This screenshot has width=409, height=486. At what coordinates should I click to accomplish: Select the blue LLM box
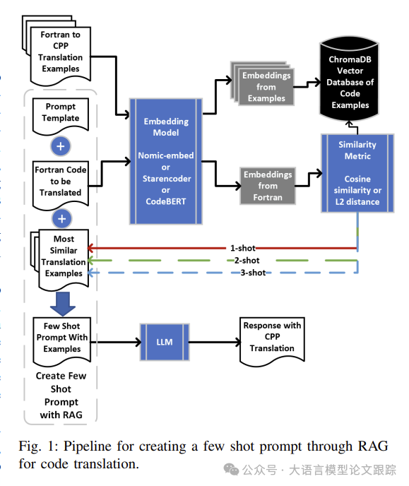[x=165, y=342]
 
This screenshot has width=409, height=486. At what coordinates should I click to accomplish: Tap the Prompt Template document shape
[x=61, y=117]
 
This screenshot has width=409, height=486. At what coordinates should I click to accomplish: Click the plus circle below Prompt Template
[x=61, y=146]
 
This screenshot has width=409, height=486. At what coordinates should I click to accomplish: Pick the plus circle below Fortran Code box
[x=62, y=219]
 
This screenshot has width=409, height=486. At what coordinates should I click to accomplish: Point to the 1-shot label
[x=243, y=248]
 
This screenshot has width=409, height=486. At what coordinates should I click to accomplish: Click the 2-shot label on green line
[x=247, y=261]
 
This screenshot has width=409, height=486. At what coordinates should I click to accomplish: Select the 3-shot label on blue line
[x=253, y=273]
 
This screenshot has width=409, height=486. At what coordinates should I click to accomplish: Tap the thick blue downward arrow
[x=63, y=304]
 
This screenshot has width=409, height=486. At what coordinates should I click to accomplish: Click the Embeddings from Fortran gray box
[x=268, y=186]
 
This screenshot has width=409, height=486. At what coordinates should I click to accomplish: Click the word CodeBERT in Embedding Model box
[x=166, y=201]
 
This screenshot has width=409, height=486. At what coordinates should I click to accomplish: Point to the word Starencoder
[x=167, y=179]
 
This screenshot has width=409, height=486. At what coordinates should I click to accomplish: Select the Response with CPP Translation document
[x=272, y=341]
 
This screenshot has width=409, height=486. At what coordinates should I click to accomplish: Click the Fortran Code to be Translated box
[x=61, y=185]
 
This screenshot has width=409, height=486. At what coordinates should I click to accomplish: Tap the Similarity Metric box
[x=357, y=173]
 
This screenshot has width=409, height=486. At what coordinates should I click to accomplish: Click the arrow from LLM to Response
[x=215, y=342]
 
